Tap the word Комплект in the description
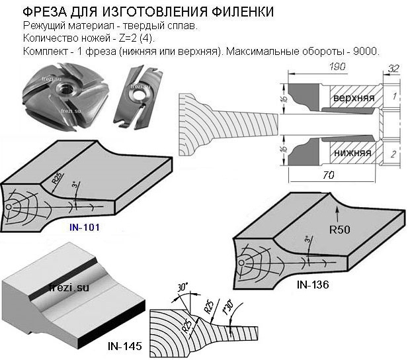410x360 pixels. (x=45, y=51)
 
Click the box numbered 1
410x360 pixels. (x=393, y=97)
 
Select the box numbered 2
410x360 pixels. (x=393, y=154)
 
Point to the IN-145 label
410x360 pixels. (x=124, y=345)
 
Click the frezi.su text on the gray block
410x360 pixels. (x=69, y=287)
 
